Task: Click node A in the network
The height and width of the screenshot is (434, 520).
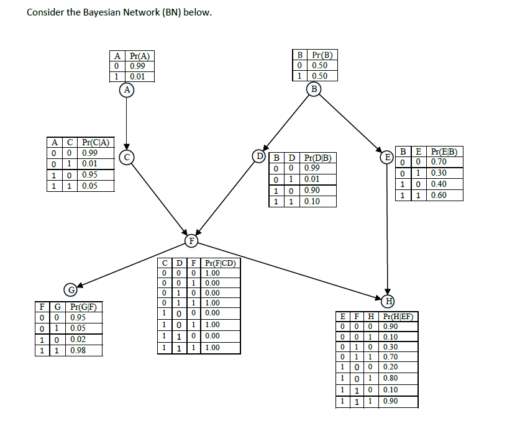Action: [x=127, y=90]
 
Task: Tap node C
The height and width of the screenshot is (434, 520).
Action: [x=127, y=157]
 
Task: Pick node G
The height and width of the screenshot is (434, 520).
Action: [x=71, y=289]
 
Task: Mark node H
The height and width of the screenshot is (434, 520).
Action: [x=388, y=302]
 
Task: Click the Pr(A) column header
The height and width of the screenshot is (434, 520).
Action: [x=139, y=56]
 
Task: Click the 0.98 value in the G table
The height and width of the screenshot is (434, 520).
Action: [x=78, y=350]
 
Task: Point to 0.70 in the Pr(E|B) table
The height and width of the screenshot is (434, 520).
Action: [x=439, y=161]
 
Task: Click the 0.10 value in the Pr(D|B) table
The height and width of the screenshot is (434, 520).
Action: [x=312, y=202]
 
